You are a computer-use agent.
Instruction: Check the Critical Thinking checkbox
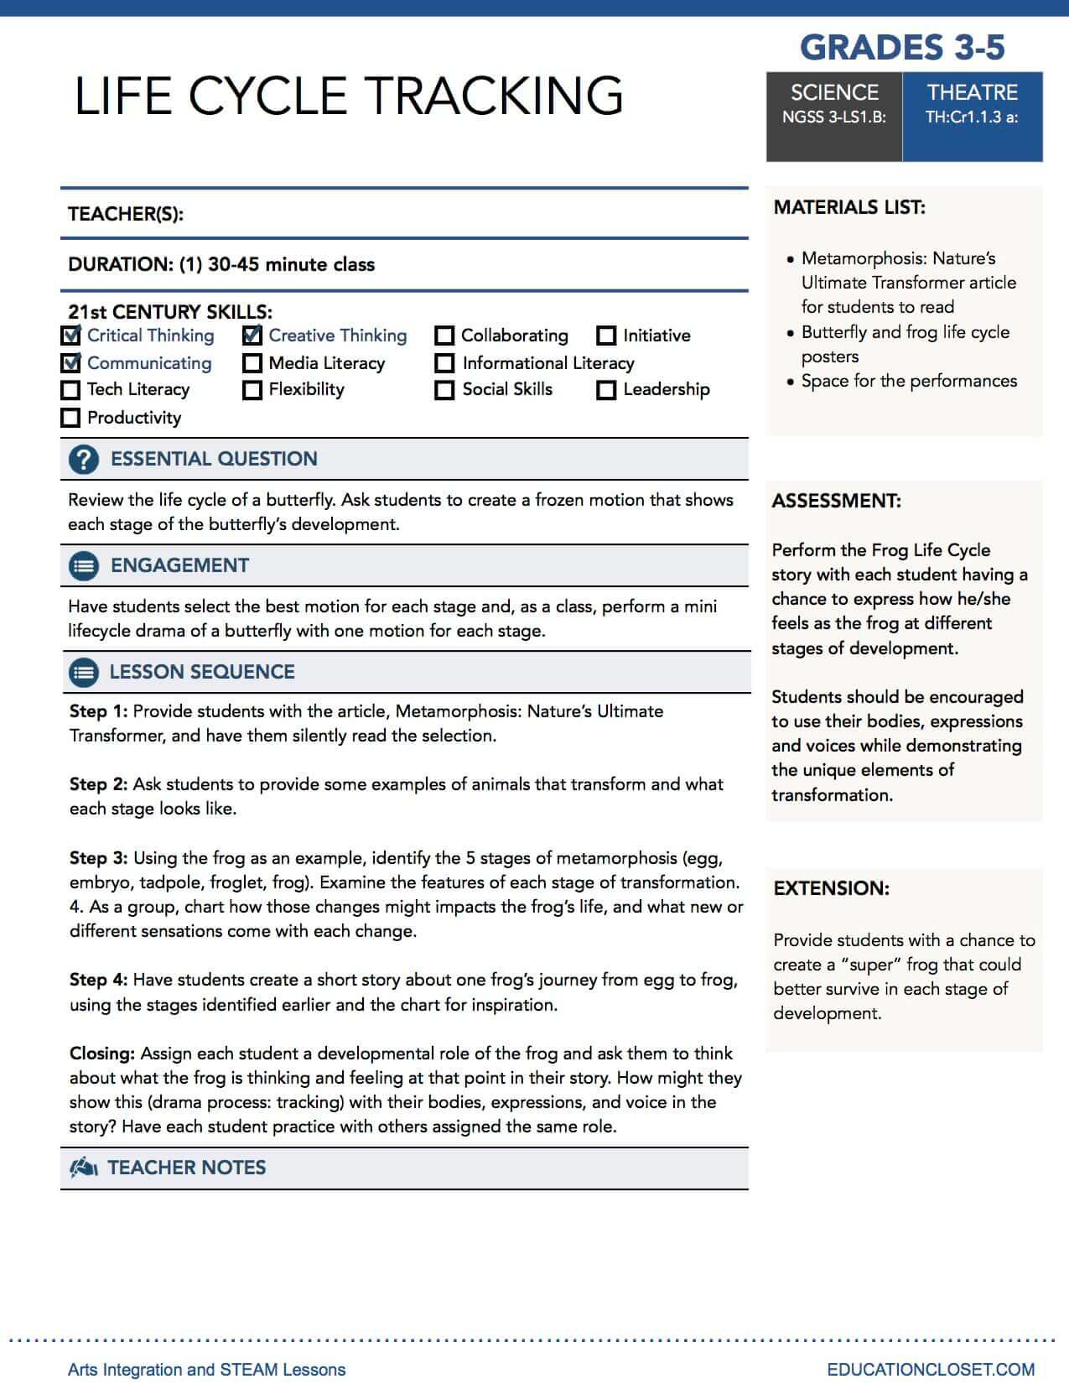click(x=71, y=336)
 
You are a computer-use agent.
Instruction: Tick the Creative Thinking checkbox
click(x=252, y=336)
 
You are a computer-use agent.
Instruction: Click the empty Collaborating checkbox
click(x=444, y=336)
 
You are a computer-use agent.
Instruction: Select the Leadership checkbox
click(x=606, y=390)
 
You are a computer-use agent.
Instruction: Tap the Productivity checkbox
click(x=71, y=418)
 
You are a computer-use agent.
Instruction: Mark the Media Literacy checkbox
click(x=252, y=364)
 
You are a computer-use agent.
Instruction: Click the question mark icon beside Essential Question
click(x=83, y=460)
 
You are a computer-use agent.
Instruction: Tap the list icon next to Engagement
click(x=83, y=566)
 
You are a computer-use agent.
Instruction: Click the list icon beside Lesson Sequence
click(x=83, y=673)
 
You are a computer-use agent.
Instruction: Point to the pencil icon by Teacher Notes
click(x=84, y=1168)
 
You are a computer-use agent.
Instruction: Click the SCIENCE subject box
click(x=834, y=117)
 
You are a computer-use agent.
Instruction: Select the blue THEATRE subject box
click(x=973, y=117)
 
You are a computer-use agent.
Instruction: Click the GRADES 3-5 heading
click(x=902, y=48)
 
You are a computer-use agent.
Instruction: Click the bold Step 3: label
click(x=99, y=858)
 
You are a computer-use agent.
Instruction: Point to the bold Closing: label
click(x=102, y=1054)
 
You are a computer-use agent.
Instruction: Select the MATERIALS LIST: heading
click(x=849, y=207)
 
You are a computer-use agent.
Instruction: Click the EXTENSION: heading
click(x=831, y=888)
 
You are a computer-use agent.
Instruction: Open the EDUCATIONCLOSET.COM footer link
click(x=931, y=1369)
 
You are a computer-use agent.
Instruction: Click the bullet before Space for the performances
click(x=790, y=382)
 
